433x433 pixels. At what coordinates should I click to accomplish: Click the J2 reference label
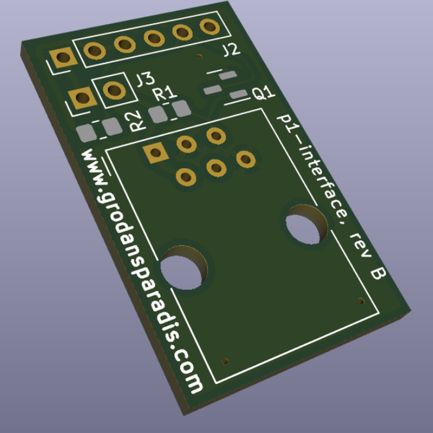(x=231, y=51)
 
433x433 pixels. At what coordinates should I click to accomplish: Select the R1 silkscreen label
(x=165, y=92)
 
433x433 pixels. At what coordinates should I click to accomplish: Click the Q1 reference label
(x=262, y=92)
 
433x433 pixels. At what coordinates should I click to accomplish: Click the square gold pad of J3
(x=79, y=97)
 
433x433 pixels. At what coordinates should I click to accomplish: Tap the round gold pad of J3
(x=113, y=89)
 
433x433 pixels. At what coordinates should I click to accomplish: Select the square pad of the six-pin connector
(x=154, y=152)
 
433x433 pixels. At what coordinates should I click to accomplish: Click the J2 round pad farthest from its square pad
(x=211, y=27)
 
